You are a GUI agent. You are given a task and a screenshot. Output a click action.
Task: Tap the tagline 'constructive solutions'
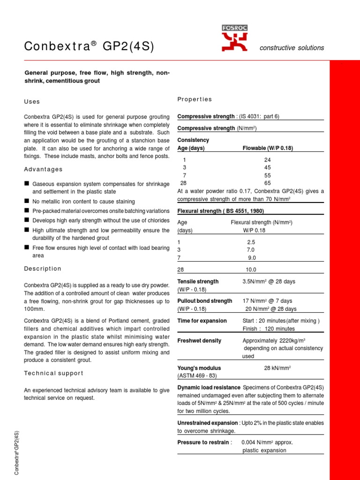coord(292,48)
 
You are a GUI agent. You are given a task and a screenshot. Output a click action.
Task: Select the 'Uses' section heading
coord(32,102)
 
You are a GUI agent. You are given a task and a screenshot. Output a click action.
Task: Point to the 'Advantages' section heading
coord(43,169)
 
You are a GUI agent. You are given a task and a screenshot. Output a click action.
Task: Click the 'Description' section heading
coord(43,269)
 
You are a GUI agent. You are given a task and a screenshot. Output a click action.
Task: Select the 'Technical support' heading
coord(53,373)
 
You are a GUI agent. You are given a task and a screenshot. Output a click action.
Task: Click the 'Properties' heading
coord(195,99)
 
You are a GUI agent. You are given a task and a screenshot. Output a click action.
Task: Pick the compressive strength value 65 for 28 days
coord(268,183)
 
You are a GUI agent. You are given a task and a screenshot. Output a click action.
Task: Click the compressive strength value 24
coord(268,159)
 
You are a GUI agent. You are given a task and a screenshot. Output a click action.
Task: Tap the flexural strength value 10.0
coord(252,270)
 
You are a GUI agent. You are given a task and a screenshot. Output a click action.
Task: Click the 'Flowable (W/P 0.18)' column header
coord(267,148)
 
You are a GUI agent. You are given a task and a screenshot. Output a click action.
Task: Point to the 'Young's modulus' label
coord(199,368)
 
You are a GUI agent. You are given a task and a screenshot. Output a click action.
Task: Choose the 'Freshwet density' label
coord(199,341)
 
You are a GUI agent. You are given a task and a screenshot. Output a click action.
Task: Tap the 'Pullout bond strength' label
coord(205,301)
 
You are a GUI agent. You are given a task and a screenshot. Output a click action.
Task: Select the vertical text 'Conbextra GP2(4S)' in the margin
coord(17,452)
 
